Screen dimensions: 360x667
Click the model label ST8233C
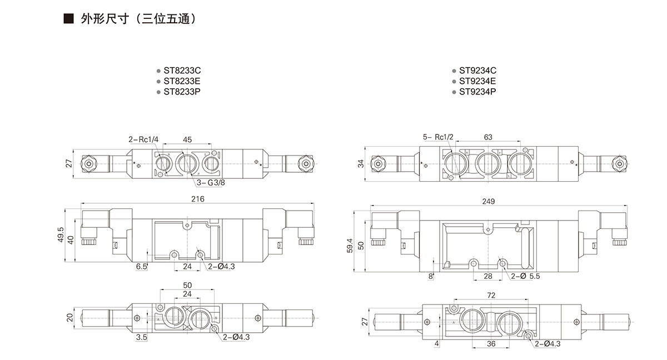pyautogui.click(x=182, y=71)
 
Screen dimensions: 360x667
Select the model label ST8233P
pyautogui.click(x=182, y=91)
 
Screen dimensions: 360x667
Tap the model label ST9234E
pyautogui.click(x=477, y=81)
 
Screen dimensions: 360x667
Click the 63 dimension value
pyautogui.click(x=488, y=137)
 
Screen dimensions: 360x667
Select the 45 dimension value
pyautogui.click(x=187, y=139)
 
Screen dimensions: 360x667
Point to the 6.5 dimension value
pyautogui.click(x=142, y=267)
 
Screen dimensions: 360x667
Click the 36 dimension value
pyautogui.click(x=491, y=344)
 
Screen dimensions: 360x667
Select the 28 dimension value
pyautogui.click(x=488, y=276)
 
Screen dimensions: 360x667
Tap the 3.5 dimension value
pyautogui.click(x=141, y=337)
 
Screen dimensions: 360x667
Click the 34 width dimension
pyautogui.click(x=360, y=163)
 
